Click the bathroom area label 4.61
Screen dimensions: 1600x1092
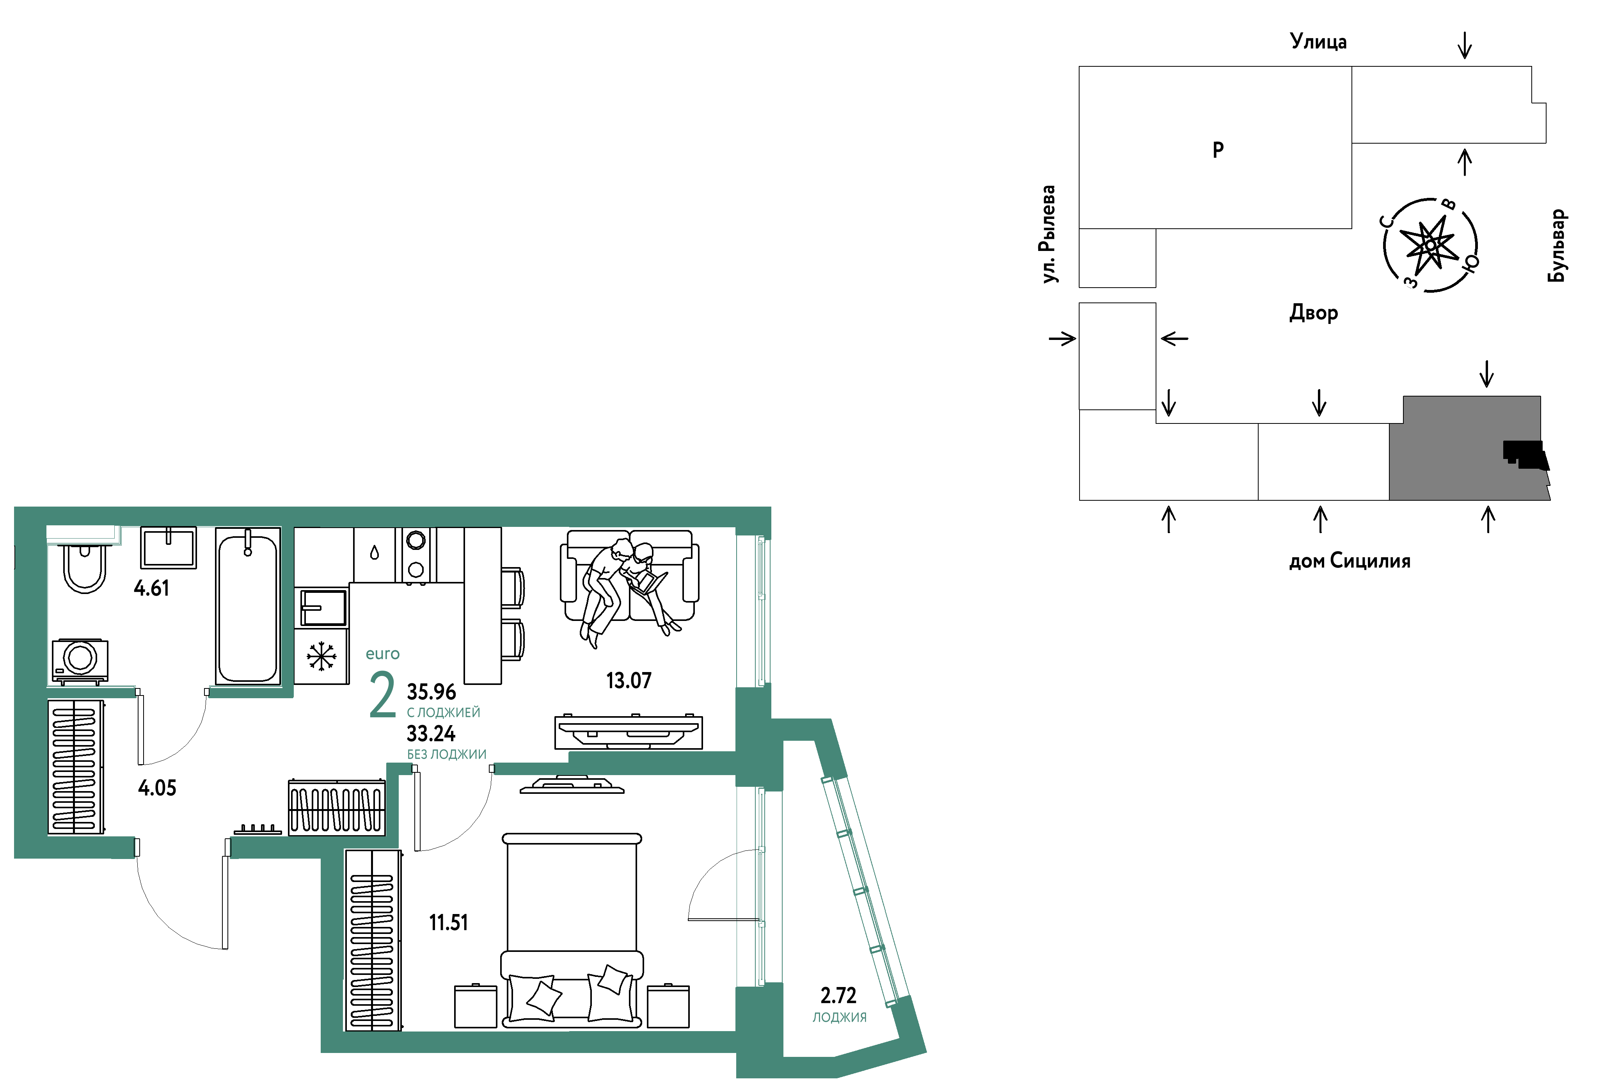(151, 589)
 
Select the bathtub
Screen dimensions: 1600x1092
(248, 606)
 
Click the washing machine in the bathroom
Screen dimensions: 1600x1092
(80, 661)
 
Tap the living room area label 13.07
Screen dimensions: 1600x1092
(629, 681)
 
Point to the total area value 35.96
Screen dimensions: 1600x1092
(432, 692)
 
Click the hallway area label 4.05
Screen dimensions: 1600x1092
(157, 788)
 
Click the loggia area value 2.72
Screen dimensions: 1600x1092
(838, 996)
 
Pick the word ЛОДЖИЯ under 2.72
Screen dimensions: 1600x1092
(839, 1017)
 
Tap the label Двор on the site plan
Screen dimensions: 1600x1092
(1314, 313)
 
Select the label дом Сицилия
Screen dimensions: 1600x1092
(1350, 561)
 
